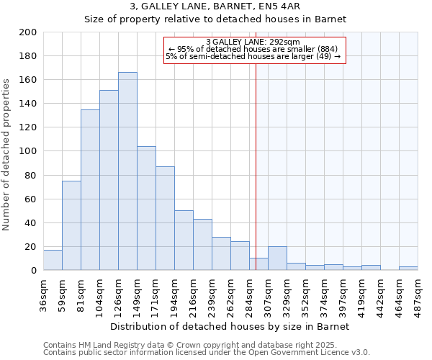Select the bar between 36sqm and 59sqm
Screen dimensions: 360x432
[53, 260]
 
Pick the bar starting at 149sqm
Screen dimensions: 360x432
[146, 208]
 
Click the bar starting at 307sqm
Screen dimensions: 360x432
[277, 258]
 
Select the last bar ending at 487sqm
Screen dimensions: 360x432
[408, 269]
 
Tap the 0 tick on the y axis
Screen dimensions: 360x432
[33, 270]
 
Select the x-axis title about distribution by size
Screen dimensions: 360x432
[230, 326]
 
